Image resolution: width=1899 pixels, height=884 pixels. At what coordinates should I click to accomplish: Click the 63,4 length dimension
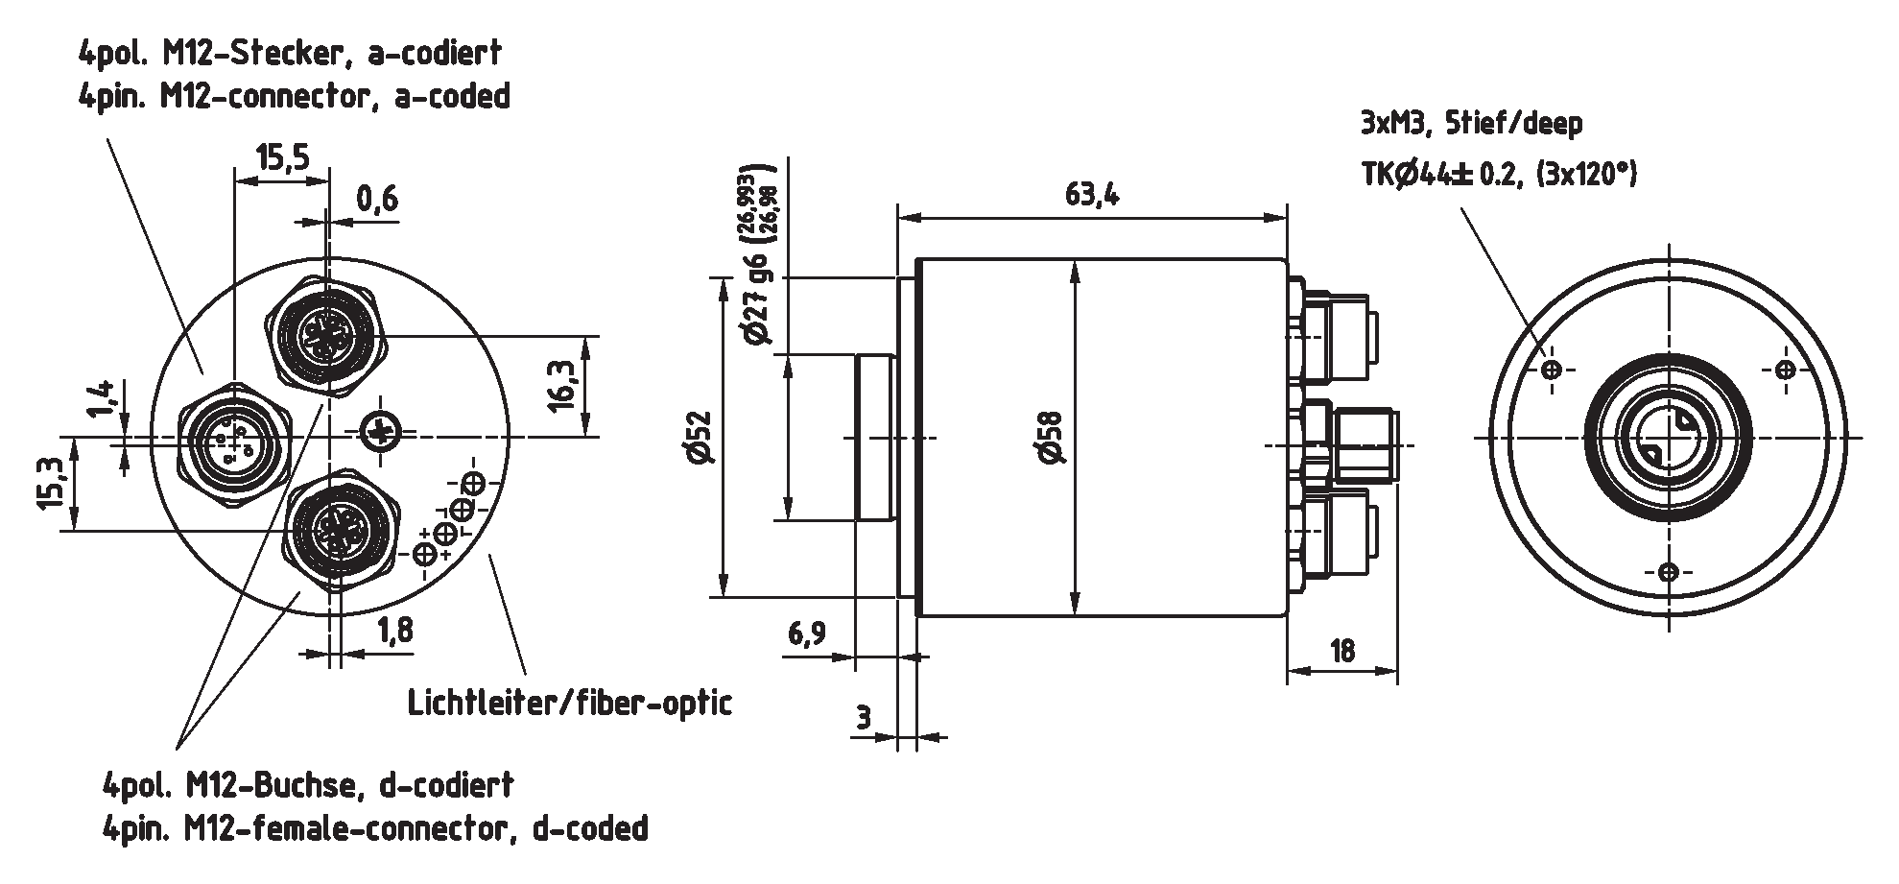[1091, 195]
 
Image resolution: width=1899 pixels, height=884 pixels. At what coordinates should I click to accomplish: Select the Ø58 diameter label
[1053, 438]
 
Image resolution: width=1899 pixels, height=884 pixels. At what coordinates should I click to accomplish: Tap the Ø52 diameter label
[700, 438]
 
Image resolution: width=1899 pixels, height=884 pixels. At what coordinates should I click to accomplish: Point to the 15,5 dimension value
[282, 155]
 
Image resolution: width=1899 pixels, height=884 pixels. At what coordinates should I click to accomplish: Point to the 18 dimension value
[1342, 650]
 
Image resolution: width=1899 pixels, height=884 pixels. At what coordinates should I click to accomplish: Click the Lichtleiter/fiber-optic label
[570, 703]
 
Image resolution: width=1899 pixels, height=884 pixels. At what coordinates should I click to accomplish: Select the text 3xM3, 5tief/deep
[1471, 123]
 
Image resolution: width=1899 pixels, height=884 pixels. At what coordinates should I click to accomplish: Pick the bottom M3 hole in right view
[1669, 572]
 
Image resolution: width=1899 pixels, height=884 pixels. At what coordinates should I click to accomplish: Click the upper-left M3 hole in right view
[1553, 370]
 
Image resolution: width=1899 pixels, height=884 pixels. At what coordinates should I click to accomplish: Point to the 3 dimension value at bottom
[863, 717]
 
